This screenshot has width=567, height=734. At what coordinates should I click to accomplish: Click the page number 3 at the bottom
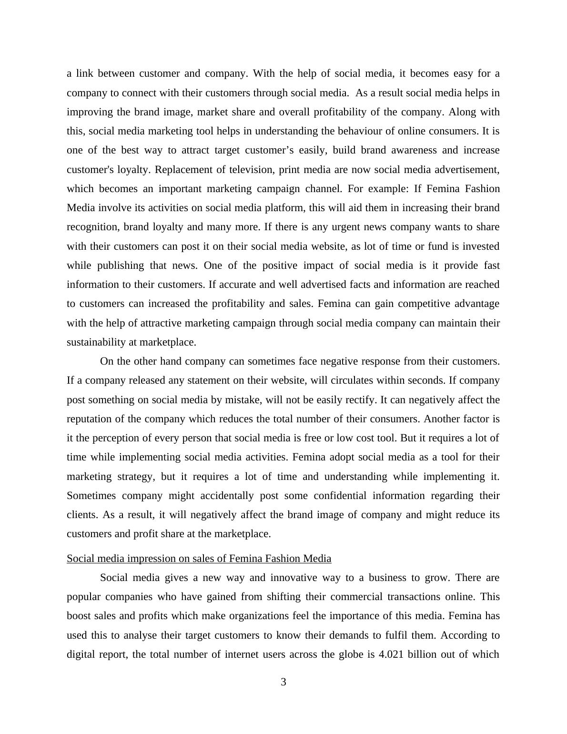click(283, 682)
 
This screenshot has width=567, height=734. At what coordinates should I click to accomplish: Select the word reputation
click(91, 419)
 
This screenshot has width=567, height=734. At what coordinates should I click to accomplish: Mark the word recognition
click(92, 227)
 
